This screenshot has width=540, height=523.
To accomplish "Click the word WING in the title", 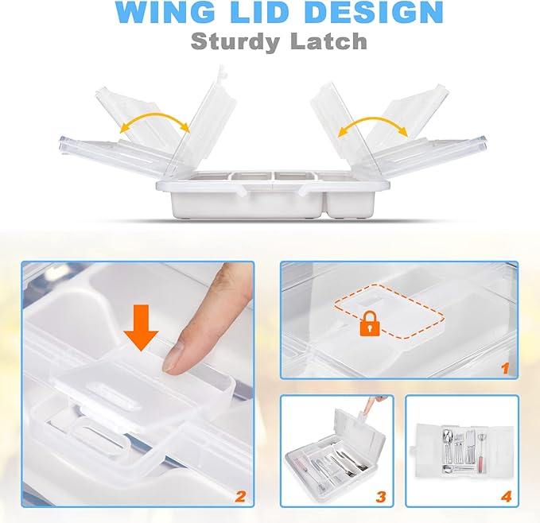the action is [165, 12].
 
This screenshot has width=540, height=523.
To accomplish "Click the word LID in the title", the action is [258, 12].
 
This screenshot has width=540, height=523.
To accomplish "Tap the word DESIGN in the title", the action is [373, 12].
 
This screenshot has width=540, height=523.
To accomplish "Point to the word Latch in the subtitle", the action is [328, 41].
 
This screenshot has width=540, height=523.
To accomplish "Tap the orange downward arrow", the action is [141, 327].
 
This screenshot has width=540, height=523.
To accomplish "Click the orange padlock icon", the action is [370, 323].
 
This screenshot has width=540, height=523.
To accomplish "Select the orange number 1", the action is [505, 369].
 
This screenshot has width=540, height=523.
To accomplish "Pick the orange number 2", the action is [240, 497].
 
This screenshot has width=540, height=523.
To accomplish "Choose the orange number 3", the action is [381, 497].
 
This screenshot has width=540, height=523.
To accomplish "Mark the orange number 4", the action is [507, 497].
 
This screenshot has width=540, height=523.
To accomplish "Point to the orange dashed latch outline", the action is [389, 310].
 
